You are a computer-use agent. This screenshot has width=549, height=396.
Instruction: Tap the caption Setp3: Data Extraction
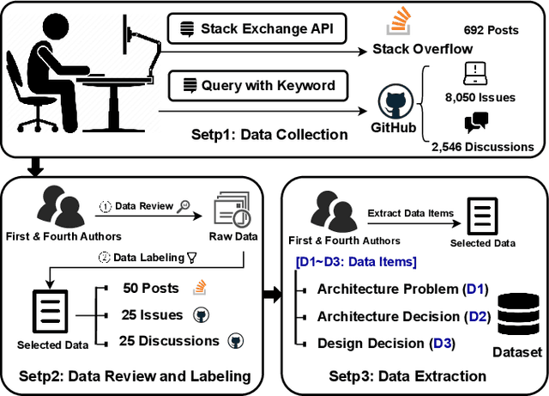407,376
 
